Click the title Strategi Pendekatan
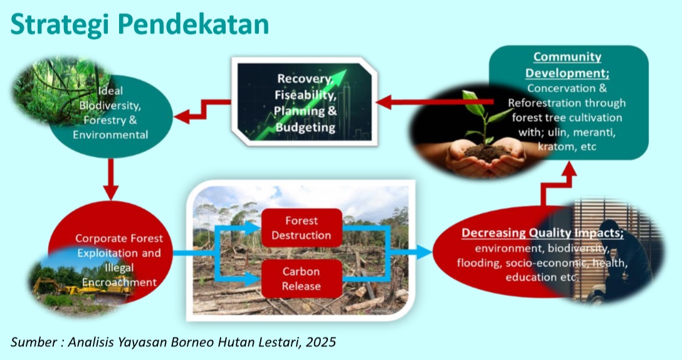pos(140,25)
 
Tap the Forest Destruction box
pos(302,228)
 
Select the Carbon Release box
pos(302,278)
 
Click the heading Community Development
pos(567,65)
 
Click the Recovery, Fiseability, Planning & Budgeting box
pos(305,102)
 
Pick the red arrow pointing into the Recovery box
pos(434,102)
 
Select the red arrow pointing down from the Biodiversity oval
pos(111,179)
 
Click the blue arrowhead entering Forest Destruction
pos(253,228)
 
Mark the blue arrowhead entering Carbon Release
pos(253,278)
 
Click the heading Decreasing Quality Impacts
pos(542,233)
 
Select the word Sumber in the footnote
pos(33,342)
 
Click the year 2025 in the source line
pos(321,342)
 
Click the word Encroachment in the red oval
pos(119,282)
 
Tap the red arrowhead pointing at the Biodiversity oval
pos(182,117)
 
